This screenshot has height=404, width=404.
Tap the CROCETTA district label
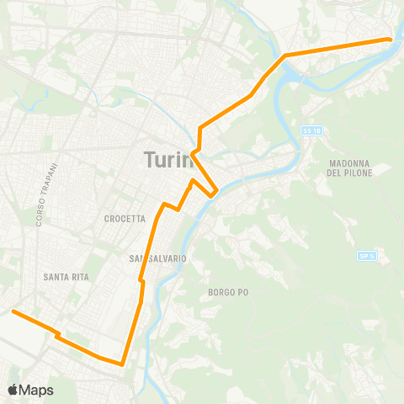125,219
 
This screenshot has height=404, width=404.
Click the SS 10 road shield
311,130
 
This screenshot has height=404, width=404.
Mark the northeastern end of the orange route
390,39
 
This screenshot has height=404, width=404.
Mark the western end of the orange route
13,311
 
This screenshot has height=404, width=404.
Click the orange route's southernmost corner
123,364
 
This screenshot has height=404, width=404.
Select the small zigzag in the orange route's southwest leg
57,335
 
